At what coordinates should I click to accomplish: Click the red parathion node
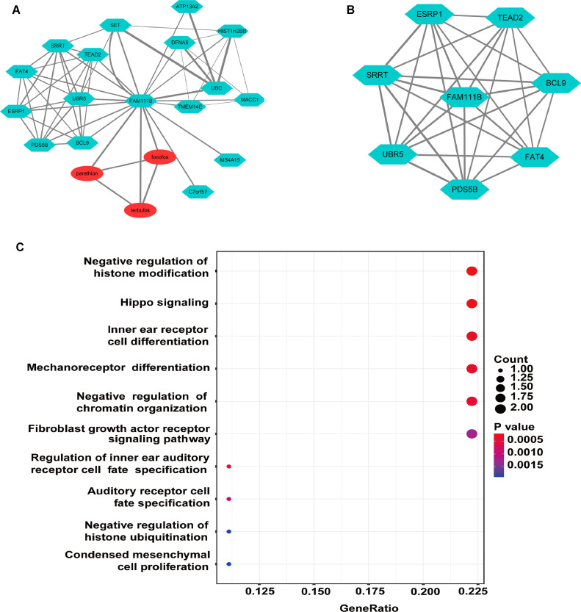tap(87, 173)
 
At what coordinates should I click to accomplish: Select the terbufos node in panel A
tap(140, 209)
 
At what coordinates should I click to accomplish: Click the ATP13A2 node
tap(187, 6)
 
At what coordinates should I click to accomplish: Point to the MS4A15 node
tap(230, 159)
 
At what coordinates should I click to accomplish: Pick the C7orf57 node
tap(197, 191)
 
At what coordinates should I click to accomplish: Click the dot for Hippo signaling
tap(472, 303)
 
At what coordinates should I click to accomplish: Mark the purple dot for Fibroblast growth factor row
tap(472, 433)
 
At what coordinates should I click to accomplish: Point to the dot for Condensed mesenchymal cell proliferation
tap(229, 564)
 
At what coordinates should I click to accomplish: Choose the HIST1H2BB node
tap(233, 32)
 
